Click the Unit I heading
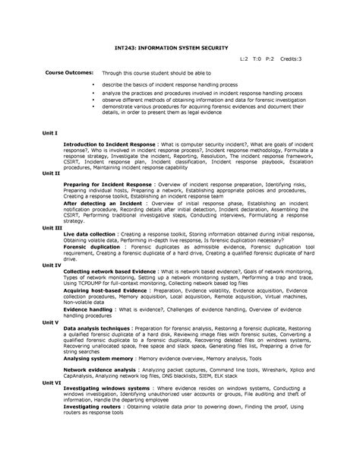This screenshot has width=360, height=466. [50, 132]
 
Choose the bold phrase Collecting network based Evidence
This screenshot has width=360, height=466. [110, 271]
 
